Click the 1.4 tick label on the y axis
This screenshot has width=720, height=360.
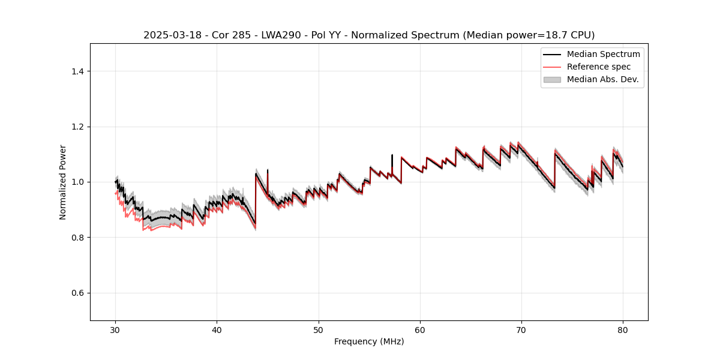coord(77,71)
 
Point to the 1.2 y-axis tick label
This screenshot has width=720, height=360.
coord(77,127)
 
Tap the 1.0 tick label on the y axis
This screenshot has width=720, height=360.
coord(77,182)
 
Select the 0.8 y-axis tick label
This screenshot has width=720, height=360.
coord(77,238)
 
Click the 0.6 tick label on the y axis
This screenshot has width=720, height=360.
coord(77,293)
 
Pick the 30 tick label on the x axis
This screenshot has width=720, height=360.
coord(116,329)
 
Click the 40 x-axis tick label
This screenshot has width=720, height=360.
coord(217,329)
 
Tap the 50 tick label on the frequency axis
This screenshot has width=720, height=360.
coord(319,329)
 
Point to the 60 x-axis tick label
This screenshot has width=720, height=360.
coord(420,329)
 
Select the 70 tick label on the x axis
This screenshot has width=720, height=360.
coord(521,329)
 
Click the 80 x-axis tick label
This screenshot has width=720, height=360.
coord(623,329)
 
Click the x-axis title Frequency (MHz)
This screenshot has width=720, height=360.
coord(369,341)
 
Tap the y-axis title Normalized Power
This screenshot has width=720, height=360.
coord(63,182)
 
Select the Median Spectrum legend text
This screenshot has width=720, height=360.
coord(603,54)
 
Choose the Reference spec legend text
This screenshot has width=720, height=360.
coord(599,67)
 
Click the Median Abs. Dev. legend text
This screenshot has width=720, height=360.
coord(602,79)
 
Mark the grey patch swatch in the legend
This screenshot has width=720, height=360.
coord(552,79)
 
